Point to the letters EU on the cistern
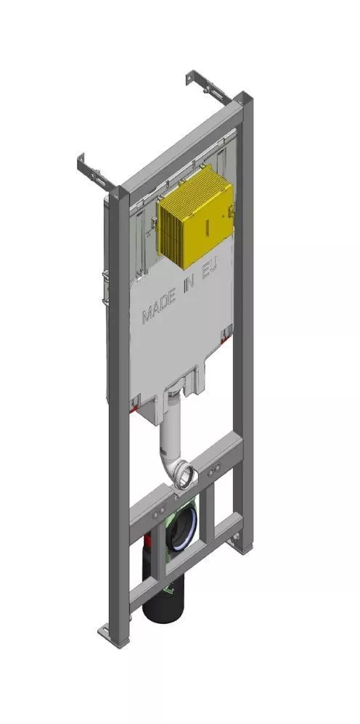pos(211,268)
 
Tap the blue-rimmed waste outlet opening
pos(181,527)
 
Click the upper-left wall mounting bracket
pos(95,172)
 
